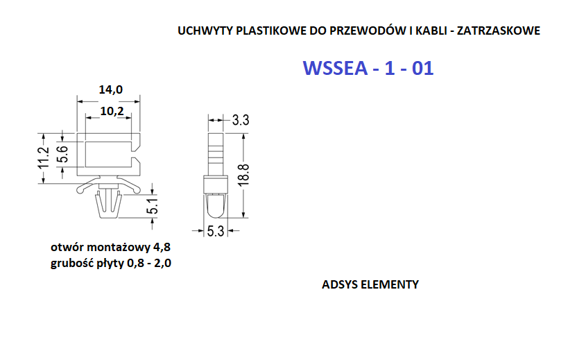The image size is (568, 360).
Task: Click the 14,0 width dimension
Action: (x=110, y=89)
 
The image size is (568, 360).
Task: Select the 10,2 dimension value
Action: (x=112, y=111)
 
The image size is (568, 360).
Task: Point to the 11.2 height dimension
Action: (x=44, y=158)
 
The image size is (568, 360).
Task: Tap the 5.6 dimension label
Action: (x=63, y=154)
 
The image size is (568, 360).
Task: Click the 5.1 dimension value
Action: (x=154, y=206)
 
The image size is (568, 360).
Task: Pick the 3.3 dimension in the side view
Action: (x=241, y=120)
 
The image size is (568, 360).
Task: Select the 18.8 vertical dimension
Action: (x=244, y=175)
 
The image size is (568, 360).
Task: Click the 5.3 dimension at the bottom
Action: (x=216, y=231)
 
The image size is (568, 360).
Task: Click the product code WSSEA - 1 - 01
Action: (x=368, y=68)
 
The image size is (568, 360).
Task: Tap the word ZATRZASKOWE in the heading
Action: (x=499, y=31)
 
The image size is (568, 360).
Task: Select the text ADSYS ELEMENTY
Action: (x=370, y=284)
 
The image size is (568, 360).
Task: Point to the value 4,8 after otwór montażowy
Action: (x=162, y=248)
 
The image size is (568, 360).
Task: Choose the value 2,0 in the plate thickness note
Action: (x=163, y=264)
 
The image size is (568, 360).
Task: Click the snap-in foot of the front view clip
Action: (x=108, y=205)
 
